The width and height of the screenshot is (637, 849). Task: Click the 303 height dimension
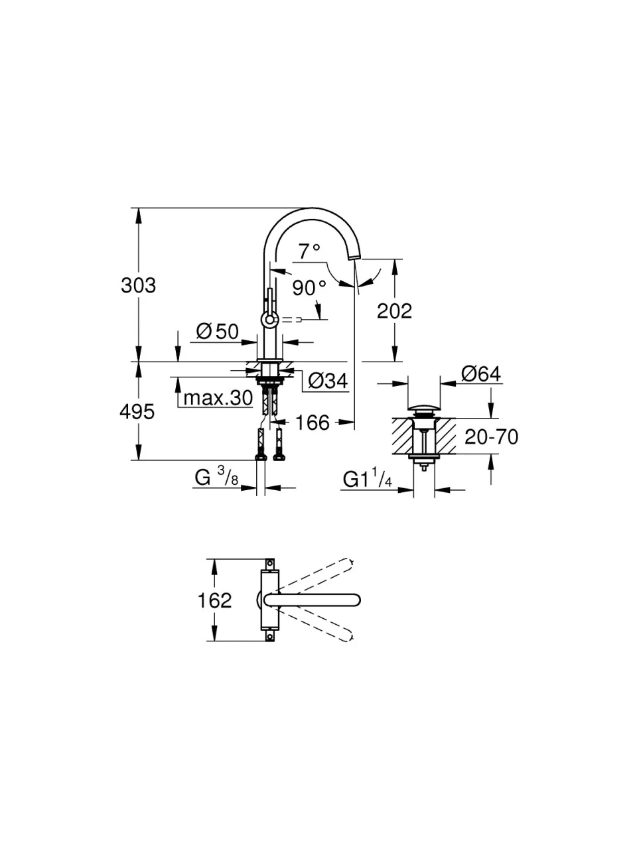point(138,285)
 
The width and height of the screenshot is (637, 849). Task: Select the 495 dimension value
point(137,412)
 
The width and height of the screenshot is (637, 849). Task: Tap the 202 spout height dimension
point(394,310)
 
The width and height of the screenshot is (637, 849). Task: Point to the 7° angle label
point(309,251)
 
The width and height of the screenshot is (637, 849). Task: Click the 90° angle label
point(309,288)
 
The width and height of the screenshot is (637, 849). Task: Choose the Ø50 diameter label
point(217,331)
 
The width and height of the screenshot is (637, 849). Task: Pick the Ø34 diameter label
point(328,381)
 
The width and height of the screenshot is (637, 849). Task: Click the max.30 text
point(218,398)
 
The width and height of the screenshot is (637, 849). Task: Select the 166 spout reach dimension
point(312,422)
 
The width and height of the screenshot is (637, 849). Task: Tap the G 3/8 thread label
point(216,476)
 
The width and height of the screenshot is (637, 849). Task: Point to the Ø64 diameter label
point(480,374)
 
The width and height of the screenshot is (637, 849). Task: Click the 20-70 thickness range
point(491,436)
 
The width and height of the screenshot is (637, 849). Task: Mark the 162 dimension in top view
point(214,600)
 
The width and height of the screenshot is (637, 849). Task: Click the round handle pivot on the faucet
point(269,320)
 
